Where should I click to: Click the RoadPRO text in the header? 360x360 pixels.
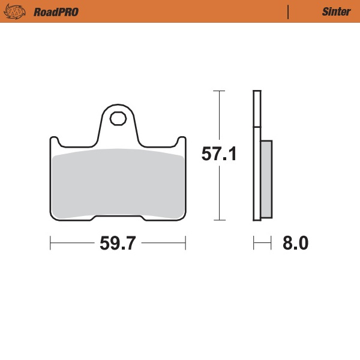[x=56, y=11]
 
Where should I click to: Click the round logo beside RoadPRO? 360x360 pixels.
[x=17, y=11]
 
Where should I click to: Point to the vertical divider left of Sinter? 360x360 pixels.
[x=289, y=11]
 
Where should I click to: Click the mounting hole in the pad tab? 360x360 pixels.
[x=118, y=118]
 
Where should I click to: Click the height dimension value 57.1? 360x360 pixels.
[x=219, y=155]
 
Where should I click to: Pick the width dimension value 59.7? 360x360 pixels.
[x=118, y=244]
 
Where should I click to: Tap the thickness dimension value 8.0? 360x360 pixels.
[x=295, y=244]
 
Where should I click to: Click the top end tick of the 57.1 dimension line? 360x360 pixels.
[x=219, y=91]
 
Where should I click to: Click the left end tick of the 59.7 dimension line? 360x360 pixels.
[x=50, y=244]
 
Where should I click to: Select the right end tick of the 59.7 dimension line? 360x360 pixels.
[x=185, y=244]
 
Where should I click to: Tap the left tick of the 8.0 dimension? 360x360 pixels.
[x=254, y=244]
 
